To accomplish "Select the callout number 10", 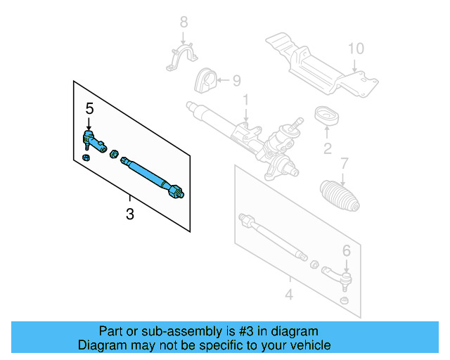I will [x=356, y=49].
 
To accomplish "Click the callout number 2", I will [x=327, y=148].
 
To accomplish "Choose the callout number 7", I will [x=344, y=164].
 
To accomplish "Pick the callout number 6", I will [x=346, y=250].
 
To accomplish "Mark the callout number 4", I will [x=288, y=293].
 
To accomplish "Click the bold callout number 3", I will [x=129, y=214].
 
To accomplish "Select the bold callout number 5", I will [x=89, y=108].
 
